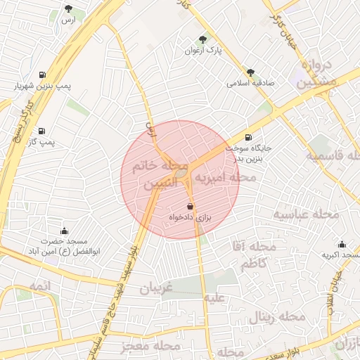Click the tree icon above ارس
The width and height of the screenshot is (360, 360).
point(68,9)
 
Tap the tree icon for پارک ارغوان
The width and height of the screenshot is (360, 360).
point(203,40)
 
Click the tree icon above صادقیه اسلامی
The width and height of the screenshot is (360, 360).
point(250,72)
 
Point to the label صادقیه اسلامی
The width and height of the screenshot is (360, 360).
point(250,82)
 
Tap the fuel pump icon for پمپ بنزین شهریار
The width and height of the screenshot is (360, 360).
point(44,75)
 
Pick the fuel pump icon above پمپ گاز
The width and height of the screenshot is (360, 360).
point(43,131)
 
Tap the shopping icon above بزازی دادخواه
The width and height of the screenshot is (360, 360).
point(191,207)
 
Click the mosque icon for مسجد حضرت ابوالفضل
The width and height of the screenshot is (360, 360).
point(64,231)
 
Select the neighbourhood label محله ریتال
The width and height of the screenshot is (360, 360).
point(276,318)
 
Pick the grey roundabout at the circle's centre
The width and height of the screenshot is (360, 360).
point(181,173)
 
